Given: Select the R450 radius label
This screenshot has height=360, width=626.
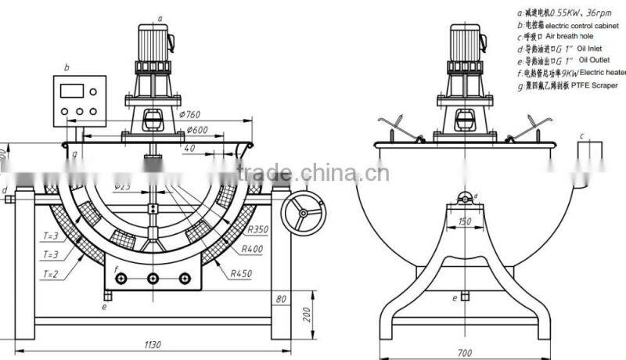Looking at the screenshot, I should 245,274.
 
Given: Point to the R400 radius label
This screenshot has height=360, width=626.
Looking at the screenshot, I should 253,249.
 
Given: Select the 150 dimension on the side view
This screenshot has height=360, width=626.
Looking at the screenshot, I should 464,221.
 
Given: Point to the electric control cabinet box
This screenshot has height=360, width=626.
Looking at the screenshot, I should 79,101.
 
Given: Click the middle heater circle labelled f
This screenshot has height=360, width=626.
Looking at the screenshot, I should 152,279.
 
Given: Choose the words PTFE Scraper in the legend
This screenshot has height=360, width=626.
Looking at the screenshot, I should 595,85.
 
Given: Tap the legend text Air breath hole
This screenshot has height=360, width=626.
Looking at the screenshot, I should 574,35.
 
